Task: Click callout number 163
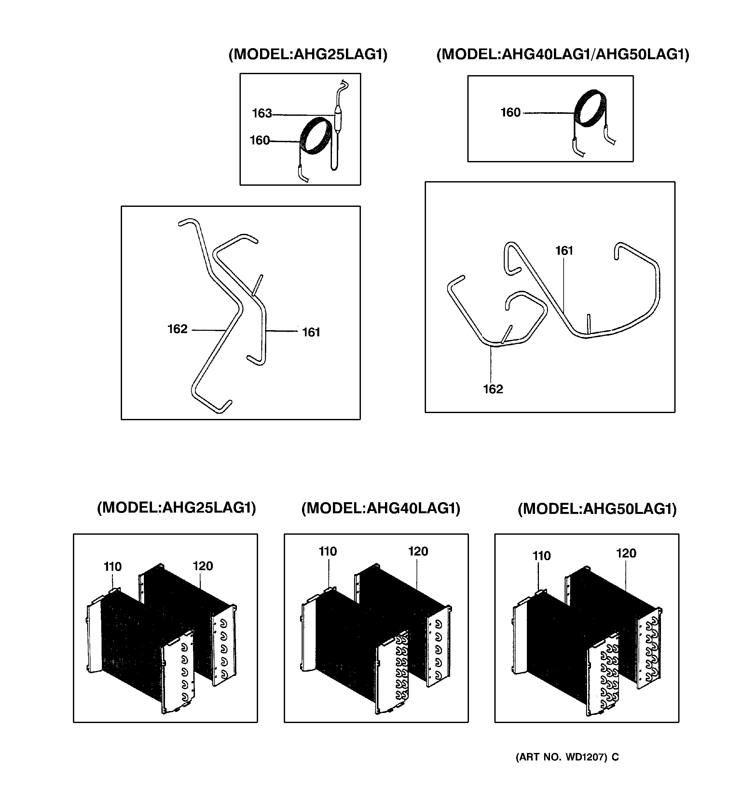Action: (x=262, y=114)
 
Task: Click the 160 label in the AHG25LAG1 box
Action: (x=259, y=141)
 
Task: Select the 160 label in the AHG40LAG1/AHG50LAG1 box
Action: (x=510, y=113)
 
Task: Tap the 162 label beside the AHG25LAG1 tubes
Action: (x=177, y=329)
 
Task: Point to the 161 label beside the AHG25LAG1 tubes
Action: (x=311, y=332)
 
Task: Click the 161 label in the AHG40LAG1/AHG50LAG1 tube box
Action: (x=564, y=251)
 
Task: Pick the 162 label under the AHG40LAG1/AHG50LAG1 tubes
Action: (x=493, y=389)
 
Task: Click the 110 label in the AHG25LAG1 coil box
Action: (x=113, y=567)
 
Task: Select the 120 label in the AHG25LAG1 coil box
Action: (x=203, y=566)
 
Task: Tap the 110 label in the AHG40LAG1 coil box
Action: (x=328, y=552)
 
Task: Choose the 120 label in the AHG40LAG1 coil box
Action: (x=418, y=552)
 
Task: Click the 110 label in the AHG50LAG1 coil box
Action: (x=542, y=556)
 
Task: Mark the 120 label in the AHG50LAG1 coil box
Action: (x=626, y=554)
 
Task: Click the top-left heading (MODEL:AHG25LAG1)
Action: (x=308, y=54)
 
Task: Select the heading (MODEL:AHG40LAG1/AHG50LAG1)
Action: (x=562, y=54)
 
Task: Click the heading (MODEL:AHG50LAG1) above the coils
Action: (x=597, y=509)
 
